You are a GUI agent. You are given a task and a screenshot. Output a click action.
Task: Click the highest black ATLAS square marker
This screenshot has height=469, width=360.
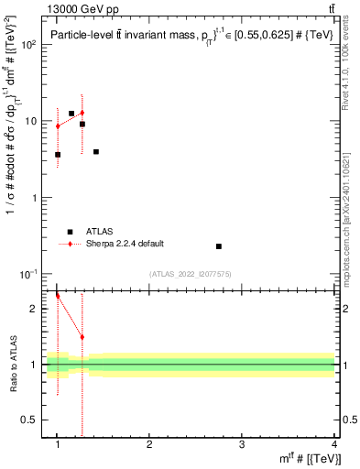click(x=71, y=114)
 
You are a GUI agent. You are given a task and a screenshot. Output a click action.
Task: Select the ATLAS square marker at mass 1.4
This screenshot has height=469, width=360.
click(x=96, y=152)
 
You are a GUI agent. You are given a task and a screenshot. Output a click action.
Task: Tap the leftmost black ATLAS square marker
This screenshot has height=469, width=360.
click(x=58, y=155)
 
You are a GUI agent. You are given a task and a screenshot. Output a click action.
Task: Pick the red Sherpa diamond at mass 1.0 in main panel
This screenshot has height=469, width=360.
click(x=58, y=126)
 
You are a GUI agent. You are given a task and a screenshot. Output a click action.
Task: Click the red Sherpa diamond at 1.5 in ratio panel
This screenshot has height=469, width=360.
click(x=82, y=337)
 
